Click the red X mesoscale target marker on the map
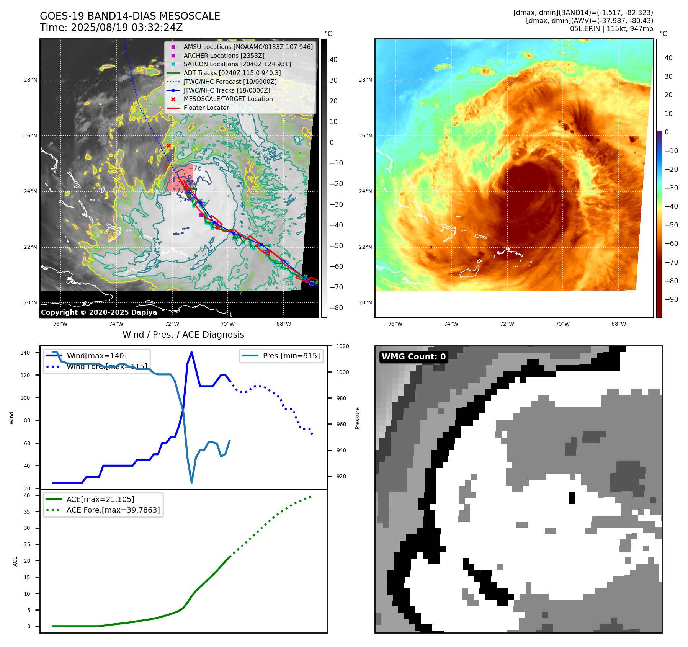168,146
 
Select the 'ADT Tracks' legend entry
232,73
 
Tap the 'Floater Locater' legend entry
206,108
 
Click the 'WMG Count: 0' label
413,357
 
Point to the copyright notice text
99,312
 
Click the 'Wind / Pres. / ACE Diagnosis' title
183,335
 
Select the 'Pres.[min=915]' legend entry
291,356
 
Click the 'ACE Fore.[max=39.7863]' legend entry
113,510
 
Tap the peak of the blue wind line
191,352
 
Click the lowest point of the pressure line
191,482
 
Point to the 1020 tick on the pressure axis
342,346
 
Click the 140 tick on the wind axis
25,353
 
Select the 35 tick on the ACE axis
27,512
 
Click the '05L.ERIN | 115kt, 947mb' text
611,29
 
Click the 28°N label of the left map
30,80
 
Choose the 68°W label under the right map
618,324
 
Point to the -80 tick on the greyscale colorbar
337,308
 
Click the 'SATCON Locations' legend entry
237,64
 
